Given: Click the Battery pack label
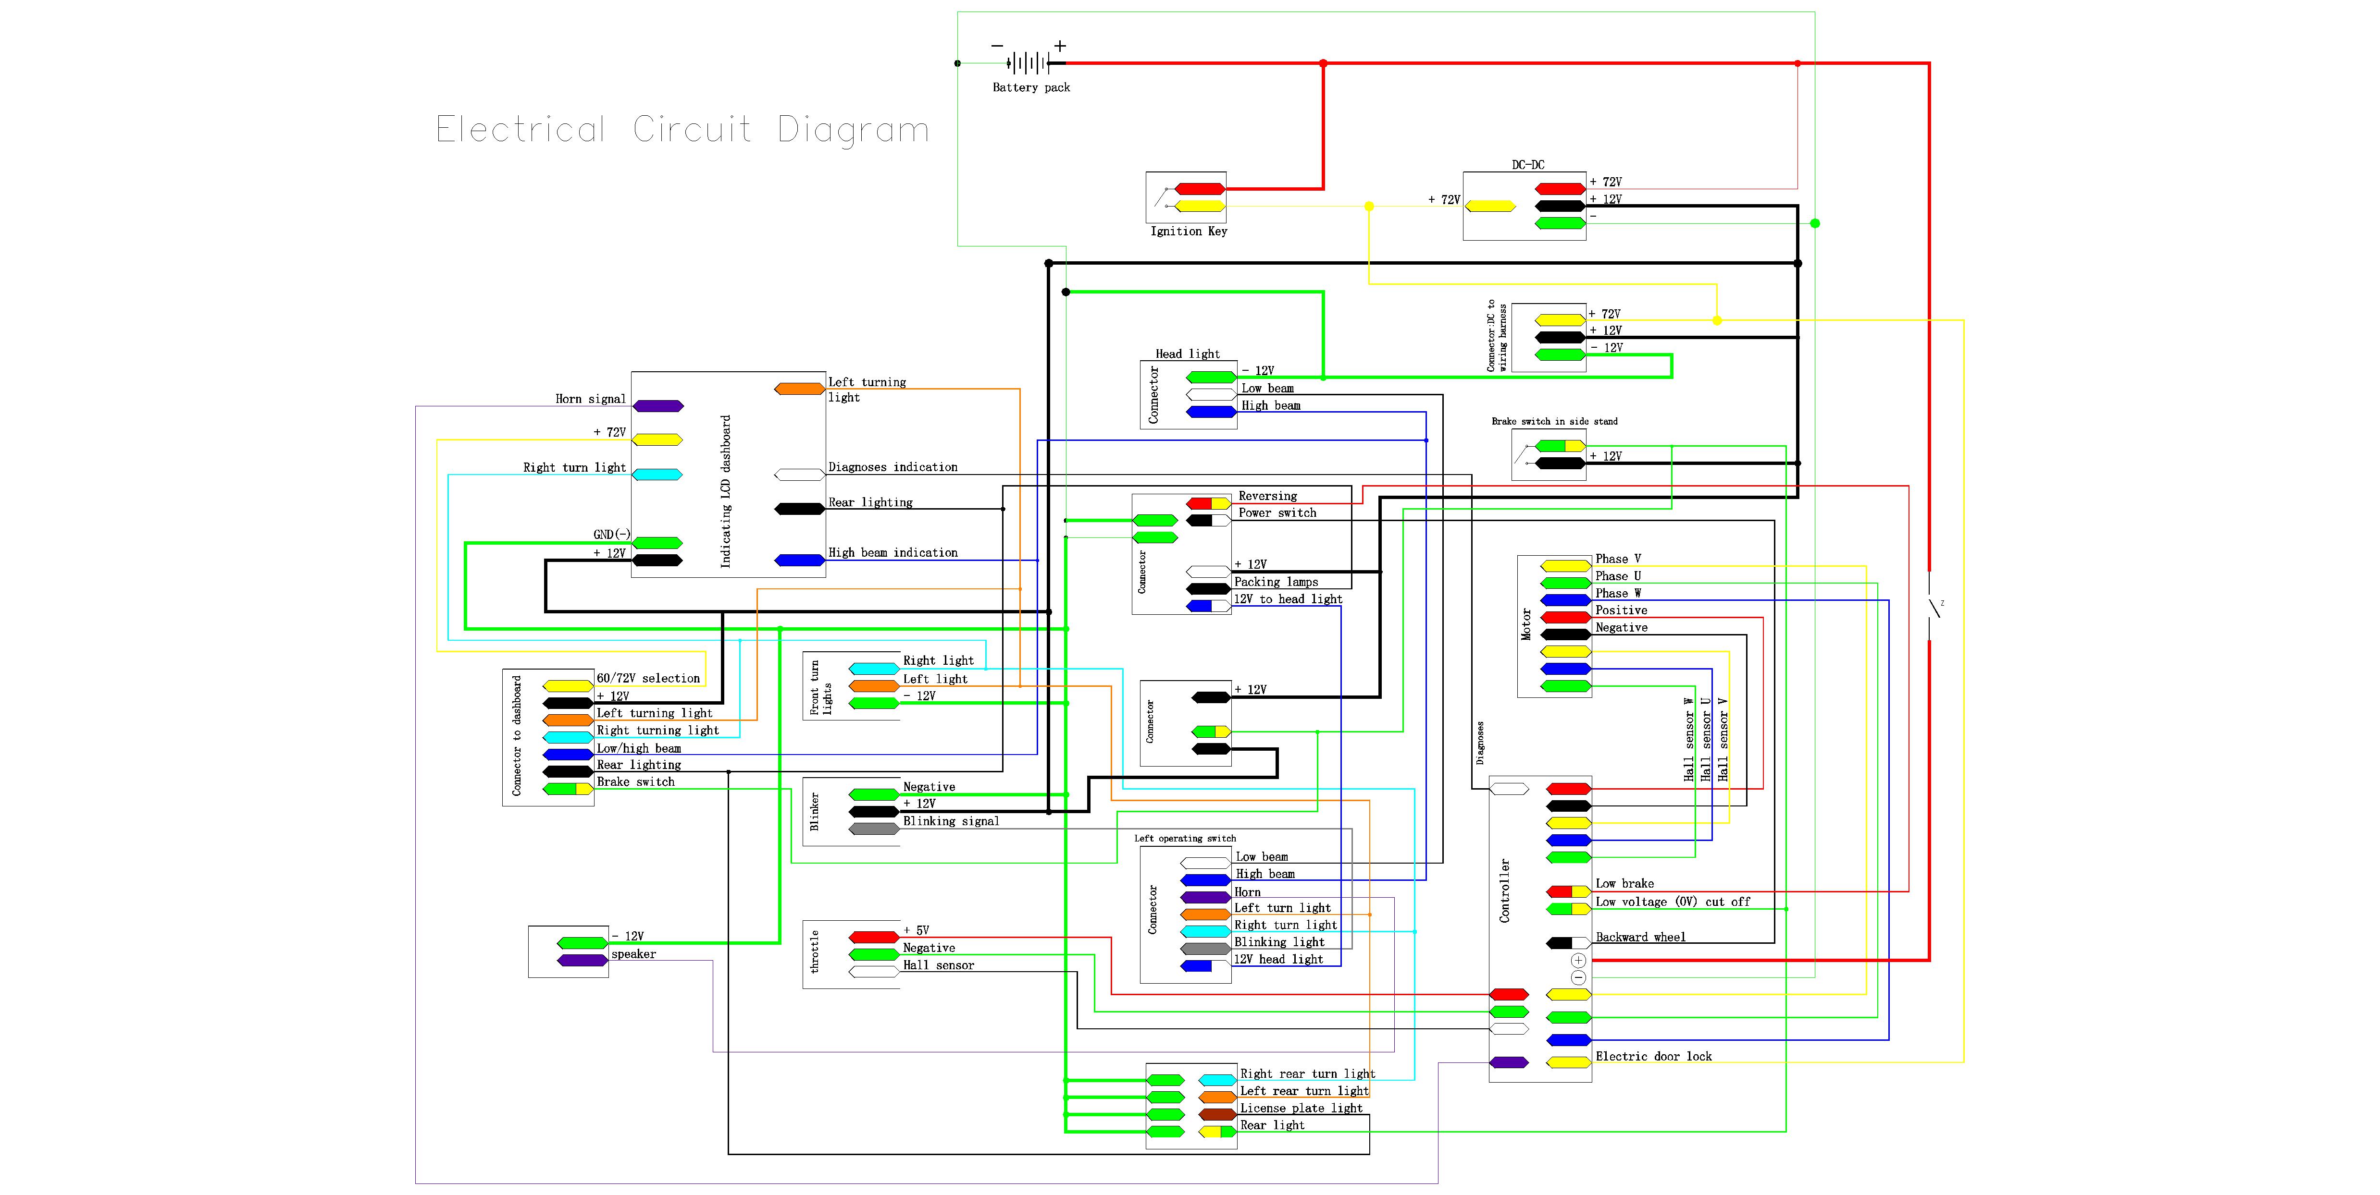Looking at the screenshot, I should pos(1031,88).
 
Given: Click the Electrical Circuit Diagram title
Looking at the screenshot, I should pos(682,129).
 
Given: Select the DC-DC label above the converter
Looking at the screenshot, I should pos(1527,164).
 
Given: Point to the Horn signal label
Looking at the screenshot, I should pos(590,399).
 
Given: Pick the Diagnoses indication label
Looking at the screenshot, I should pos(892,467).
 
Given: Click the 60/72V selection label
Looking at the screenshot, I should pos(648,678).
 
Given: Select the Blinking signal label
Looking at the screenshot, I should pos(951,821).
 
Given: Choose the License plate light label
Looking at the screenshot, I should pos(1301,1108).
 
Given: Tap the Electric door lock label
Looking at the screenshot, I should pos(1653,1057).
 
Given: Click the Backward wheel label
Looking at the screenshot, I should pos(1640,938).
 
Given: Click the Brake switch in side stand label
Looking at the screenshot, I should pos(1554,421).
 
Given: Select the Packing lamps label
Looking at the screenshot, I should pos(1276,582).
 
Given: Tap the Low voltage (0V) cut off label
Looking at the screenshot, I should pos(1672,902).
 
